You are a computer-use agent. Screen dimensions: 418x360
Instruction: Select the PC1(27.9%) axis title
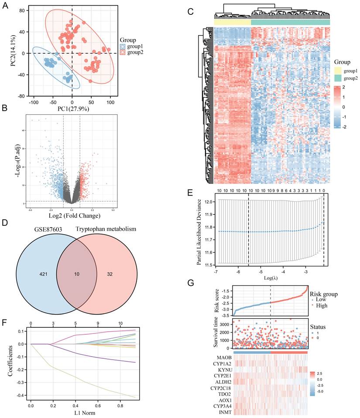point(72,109)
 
